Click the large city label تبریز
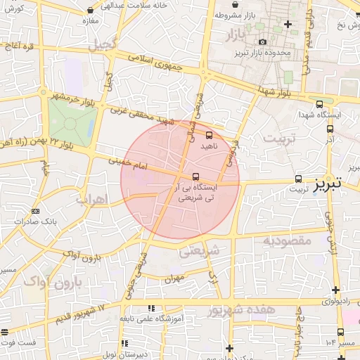point(328,184)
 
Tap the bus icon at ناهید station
point(209,134)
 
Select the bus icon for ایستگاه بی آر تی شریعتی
point(195,176)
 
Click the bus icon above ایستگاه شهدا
point(320,103)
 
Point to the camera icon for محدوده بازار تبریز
point(262,42)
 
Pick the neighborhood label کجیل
point(101,44)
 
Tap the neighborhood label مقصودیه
point(288,240)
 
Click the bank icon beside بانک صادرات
point(36,210)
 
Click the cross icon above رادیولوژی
point(335,290)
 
